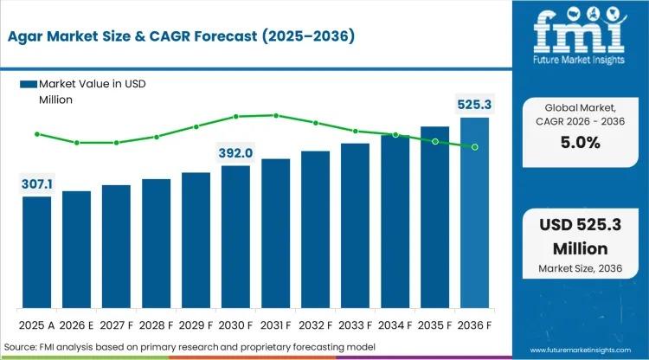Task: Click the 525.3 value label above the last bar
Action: point(474,105)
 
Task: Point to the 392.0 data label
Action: point(235,153)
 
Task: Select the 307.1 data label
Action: point(36,184)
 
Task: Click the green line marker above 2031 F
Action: point(276,115)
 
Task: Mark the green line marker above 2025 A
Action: point(36,134)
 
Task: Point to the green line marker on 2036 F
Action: point(474,147)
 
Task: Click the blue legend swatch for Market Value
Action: point(29,84)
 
